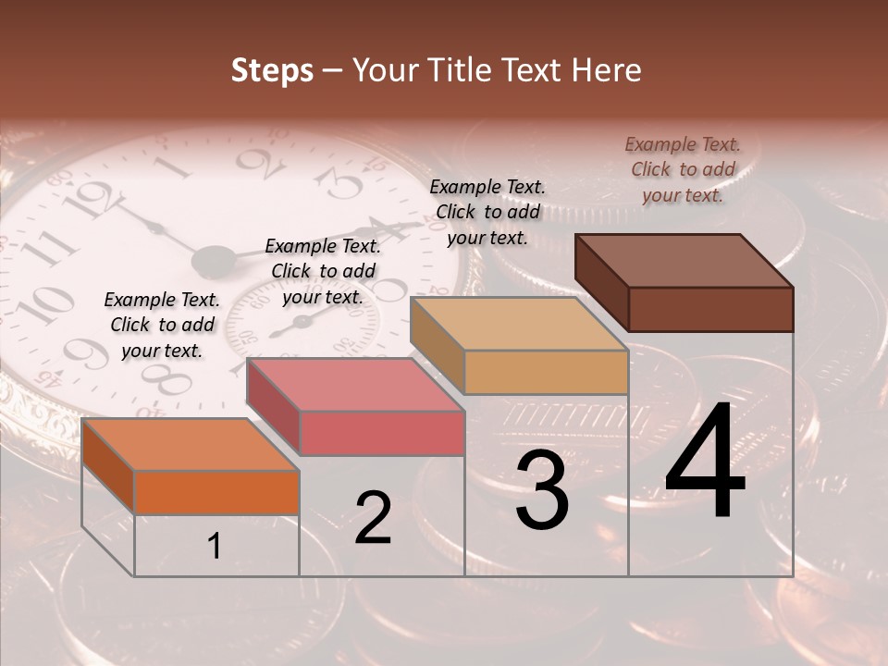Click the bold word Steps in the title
pyautogui.click(x=272, y=70)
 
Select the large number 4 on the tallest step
pyautogui.click(x=705, y=462)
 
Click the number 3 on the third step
pyautogui.click(x=542, y=490)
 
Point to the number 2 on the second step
pyautogui.click(x=374, y=518)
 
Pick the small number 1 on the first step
pyautogui.click(x=215, y=547)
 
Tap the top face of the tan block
pyautogui.click(x=519, y=325)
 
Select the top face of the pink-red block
pyautogui.click(x=355, y=385)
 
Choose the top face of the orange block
pyautogui.click(x=191, y=445)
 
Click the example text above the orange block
pyautogui.click(x=162, y=325)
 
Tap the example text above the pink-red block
pyautogui.click(x=323, y=271)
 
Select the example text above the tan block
pyautogui.click(x=487, y=212)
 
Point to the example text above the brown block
pyautogui.click(x=683, y=169)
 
